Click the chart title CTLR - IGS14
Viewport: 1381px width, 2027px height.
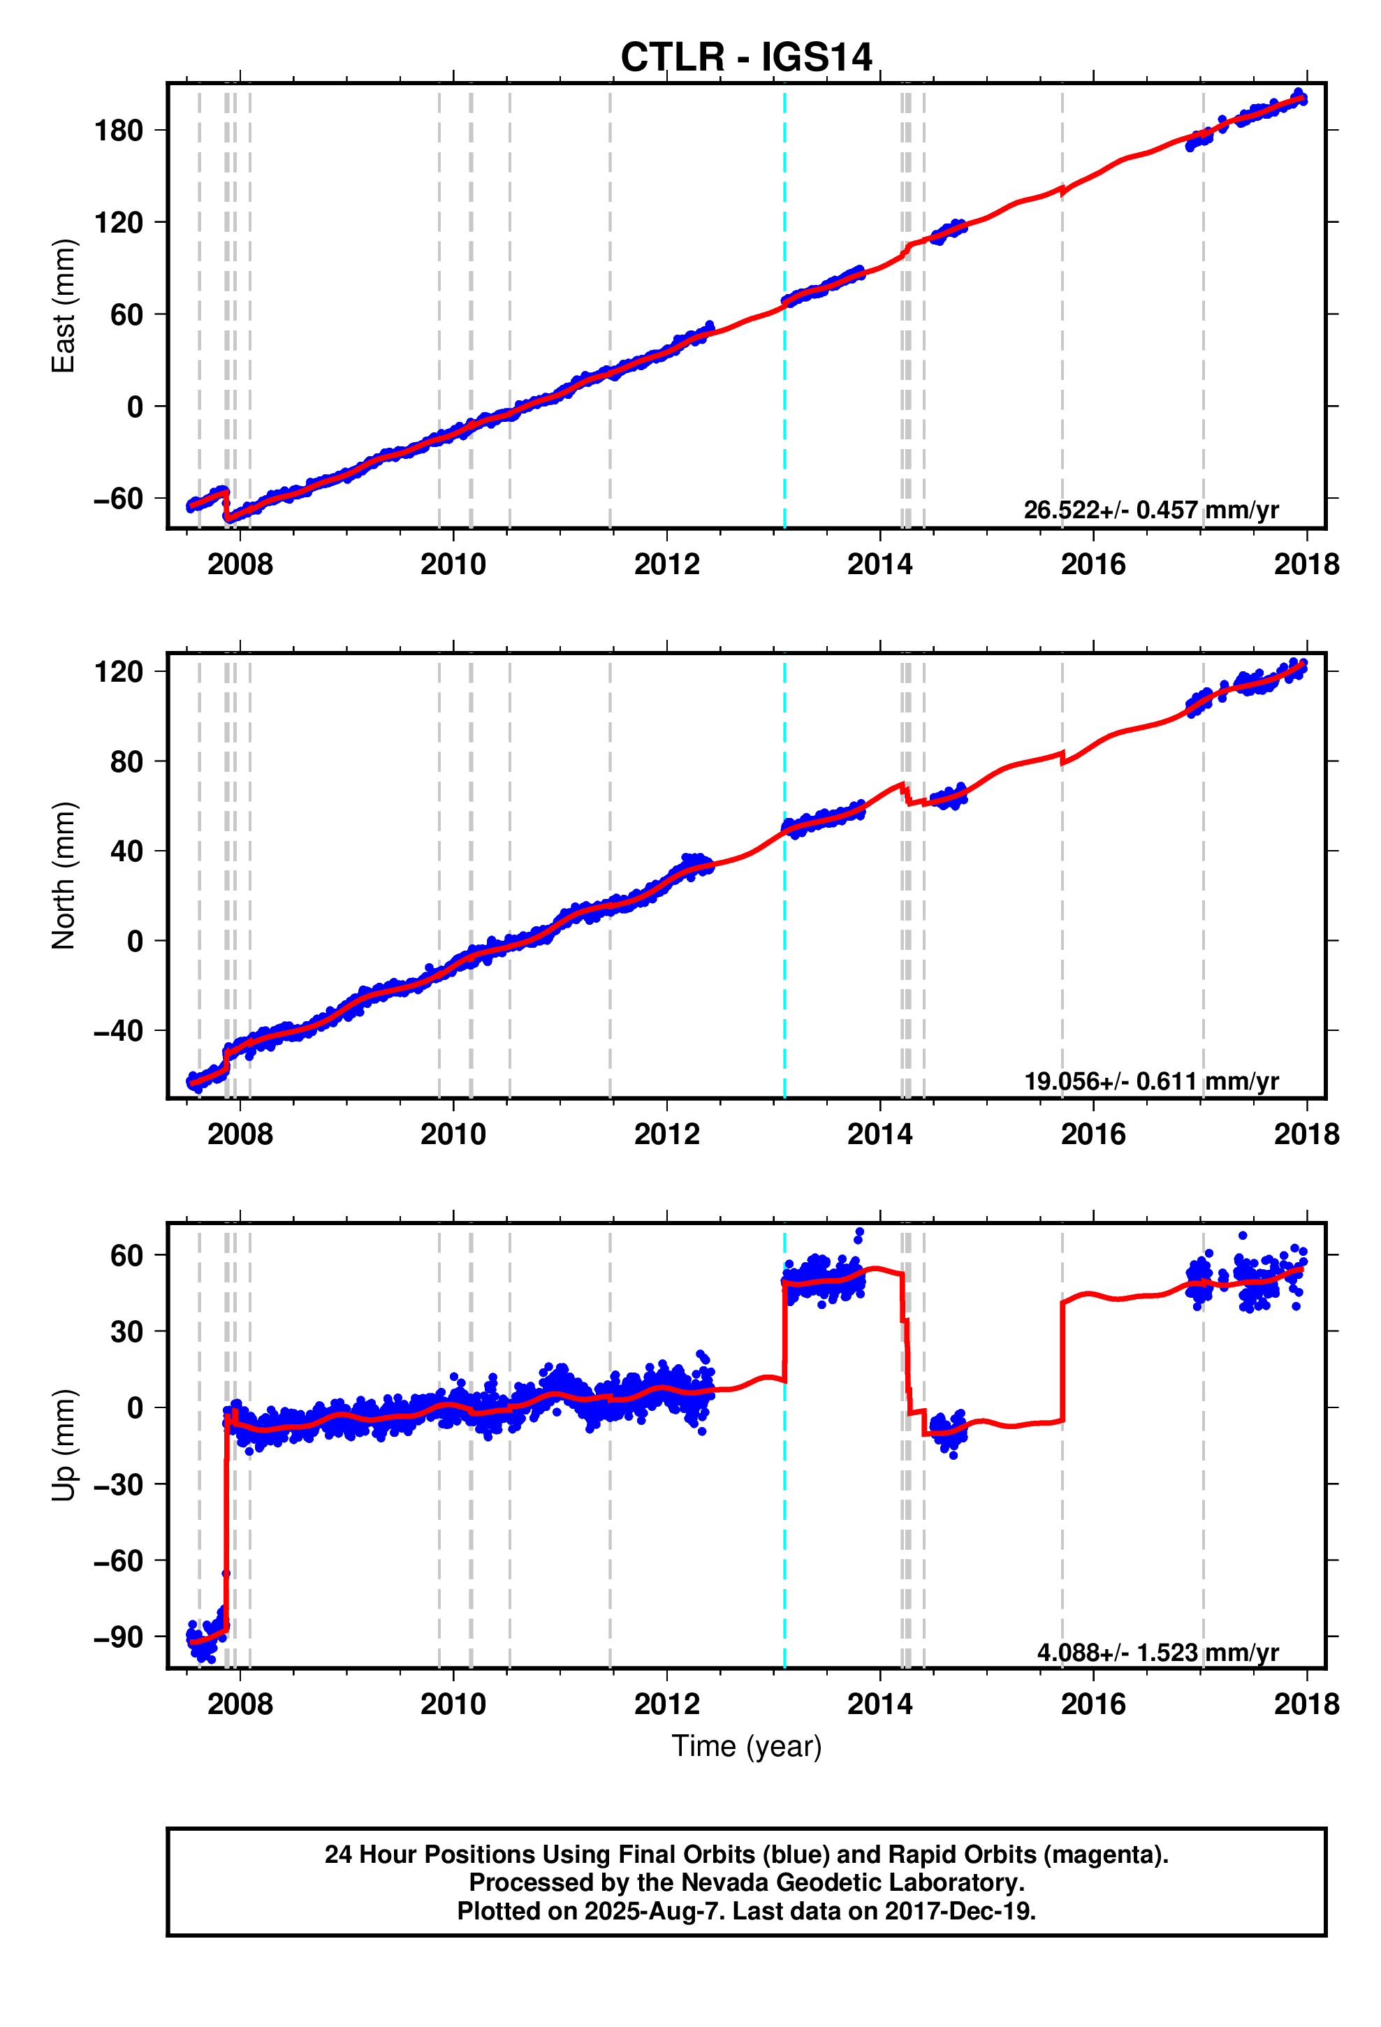click(x=745, y=57)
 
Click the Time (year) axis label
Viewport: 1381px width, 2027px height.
click(x=746, y=1746)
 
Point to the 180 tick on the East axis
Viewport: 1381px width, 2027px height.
click(x=118, y=131)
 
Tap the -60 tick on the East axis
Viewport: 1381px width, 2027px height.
click(x=118, y=499)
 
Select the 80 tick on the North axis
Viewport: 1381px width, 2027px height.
click(x=126, y=762)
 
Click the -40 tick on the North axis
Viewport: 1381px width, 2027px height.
click(x=118, y=1031)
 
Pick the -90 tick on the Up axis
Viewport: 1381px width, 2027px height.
click(x=118, y=1637)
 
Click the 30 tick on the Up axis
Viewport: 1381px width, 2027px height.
click(x=126, y=1332)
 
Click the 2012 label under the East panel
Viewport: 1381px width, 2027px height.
click(x=666, y=564)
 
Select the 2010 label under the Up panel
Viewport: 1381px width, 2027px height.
click(x=453, y=1704)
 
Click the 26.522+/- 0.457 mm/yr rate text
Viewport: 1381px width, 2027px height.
click(x=1150, y=510)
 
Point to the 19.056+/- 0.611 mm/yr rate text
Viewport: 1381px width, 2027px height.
click(x=1150, y=1081)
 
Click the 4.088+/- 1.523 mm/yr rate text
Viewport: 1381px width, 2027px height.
click(x=1157, y=1652)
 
